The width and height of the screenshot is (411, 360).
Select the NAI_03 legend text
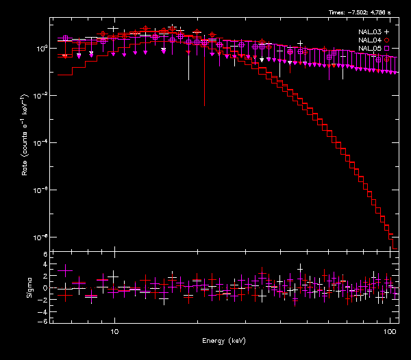click(369, 32)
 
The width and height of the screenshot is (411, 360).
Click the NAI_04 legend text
click(369, 40)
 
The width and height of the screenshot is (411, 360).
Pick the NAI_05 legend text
click(369, 49)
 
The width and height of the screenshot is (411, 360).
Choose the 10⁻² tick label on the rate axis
click(42, 96)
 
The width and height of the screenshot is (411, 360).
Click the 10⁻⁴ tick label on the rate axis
click(42, 142)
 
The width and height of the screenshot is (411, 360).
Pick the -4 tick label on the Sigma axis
click(43, 310)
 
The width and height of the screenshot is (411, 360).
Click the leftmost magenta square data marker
click(66, 38)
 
